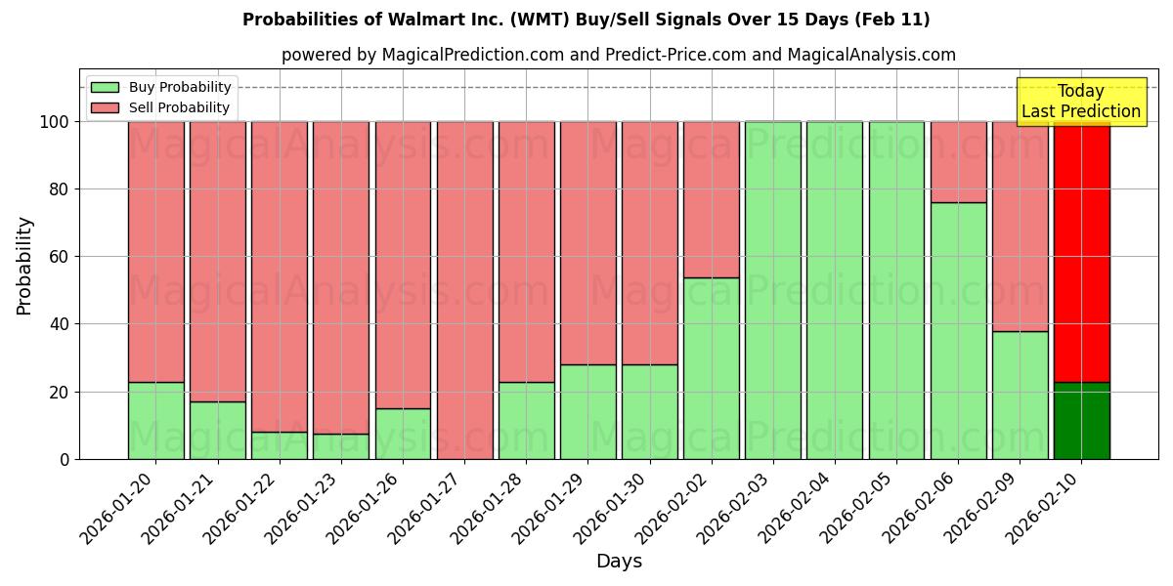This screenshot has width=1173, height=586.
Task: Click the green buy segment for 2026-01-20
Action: click(156, 421)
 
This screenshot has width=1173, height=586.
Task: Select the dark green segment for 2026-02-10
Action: click(1082, 421)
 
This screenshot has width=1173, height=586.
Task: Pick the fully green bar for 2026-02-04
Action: click(835, 290)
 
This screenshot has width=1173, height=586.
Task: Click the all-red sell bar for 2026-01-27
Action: click(464, 290)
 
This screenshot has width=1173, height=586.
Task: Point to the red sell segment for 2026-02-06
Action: click(958, 162)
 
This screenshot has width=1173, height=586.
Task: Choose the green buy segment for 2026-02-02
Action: click(712, 368)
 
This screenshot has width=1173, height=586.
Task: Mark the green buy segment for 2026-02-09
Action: click(1020, 396)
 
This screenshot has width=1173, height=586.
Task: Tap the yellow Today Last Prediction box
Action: click(1080, 102)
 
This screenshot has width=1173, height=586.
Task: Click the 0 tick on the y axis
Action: click(65, 459)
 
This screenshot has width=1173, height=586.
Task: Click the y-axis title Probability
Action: click(24, 266)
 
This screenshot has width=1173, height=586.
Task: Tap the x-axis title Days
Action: click(619, 562)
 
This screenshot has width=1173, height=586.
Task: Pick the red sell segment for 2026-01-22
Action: click(280, 276)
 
